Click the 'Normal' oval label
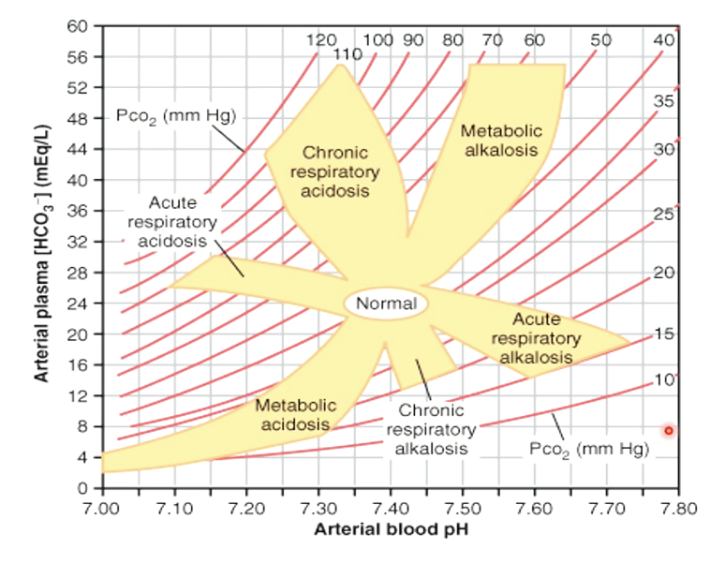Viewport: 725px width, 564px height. (x=386, y=304)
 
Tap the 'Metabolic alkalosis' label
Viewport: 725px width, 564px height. (x=500, y=141)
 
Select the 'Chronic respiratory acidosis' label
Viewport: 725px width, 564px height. (x=335, y=171)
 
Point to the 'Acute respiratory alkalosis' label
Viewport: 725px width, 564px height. (x=536, y=338)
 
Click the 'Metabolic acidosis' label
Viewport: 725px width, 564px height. (x=295, y=415)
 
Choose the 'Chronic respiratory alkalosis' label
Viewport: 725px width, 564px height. (x=431, y=429)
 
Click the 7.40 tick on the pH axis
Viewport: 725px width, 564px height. (x=390, y=509)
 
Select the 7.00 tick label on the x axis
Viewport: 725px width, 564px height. (x=101, y=509)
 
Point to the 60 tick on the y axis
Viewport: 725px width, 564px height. (x=78, y=25)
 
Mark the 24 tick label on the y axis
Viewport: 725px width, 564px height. (x=78, y=303)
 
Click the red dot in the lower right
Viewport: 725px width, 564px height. (x=669, y=431)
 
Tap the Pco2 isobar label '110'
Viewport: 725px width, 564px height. (x=348, y=54)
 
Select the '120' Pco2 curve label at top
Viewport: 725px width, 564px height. (x=321, y=40)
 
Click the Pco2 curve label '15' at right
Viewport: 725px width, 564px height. (x=663, y=334)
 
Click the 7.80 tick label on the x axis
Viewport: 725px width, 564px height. (x=677, y=509)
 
